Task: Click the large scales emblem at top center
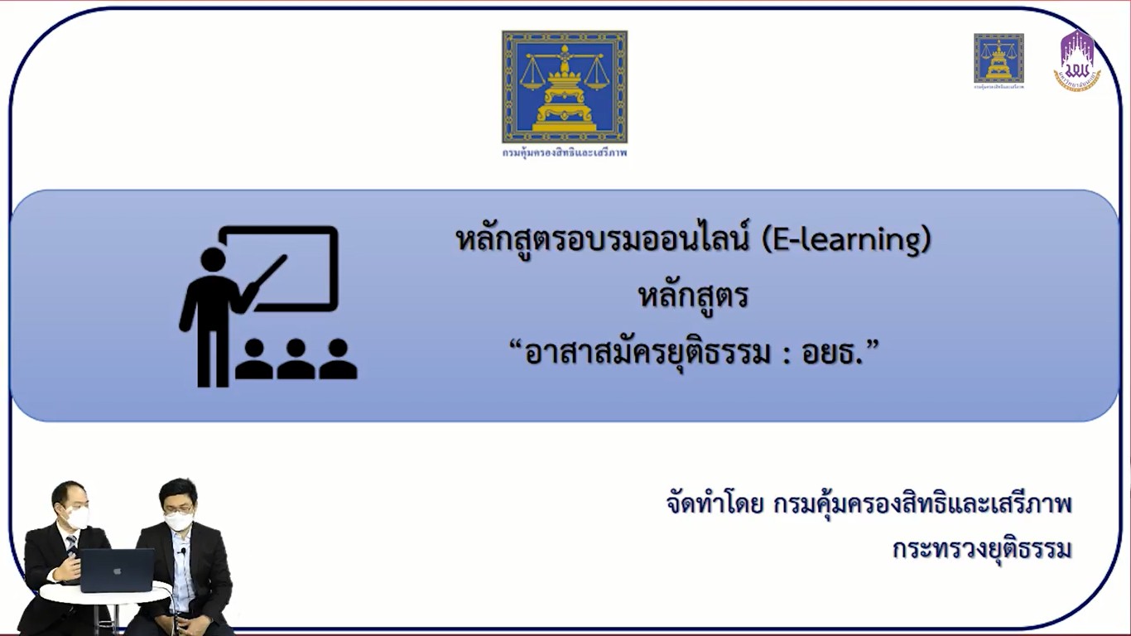click(564, 87)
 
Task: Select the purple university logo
click(1077, 60)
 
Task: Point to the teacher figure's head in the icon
click(214, 259)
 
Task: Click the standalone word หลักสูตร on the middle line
click(693, 296)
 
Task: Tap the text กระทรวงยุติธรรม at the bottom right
click(982, 548)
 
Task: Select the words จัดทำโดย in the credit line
click(714, 503)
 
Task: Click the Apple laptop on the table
click(116, 570)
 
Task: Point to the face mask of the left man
click(78, 518)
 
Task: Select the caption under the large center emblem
click(564, 153)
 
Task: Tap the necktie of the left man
click(73, 544)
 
